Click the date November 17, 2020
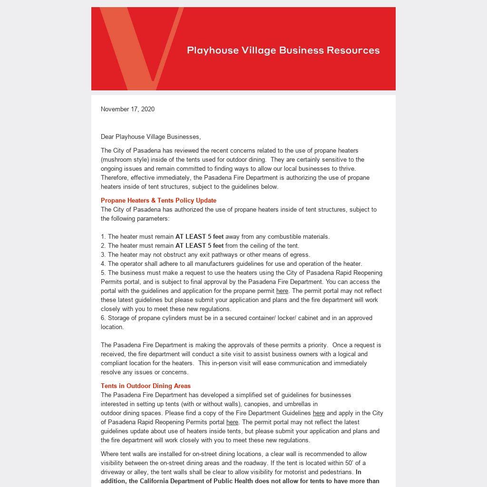click(127, 109)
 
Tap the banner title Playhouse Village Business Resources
click(283, 50)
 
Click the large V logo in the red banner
click(141, 48)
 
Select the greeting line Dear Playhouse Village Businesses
click(151, 136)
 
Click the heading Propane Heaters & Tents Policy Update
click(158, 200)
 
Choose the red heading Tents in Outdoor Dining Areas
click(146, 386)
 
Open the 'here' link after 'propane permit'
click(282, 291)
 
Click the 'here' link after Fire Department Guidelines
click(319, 413)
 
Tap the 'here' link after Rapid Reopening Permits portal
click(232, 422)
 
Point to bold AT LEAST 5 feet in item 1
click(199, 236)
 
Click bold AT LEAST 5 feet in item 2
click(199, 245)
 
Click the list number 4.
click(103, 263)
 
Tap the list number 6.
click(103, 318)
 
